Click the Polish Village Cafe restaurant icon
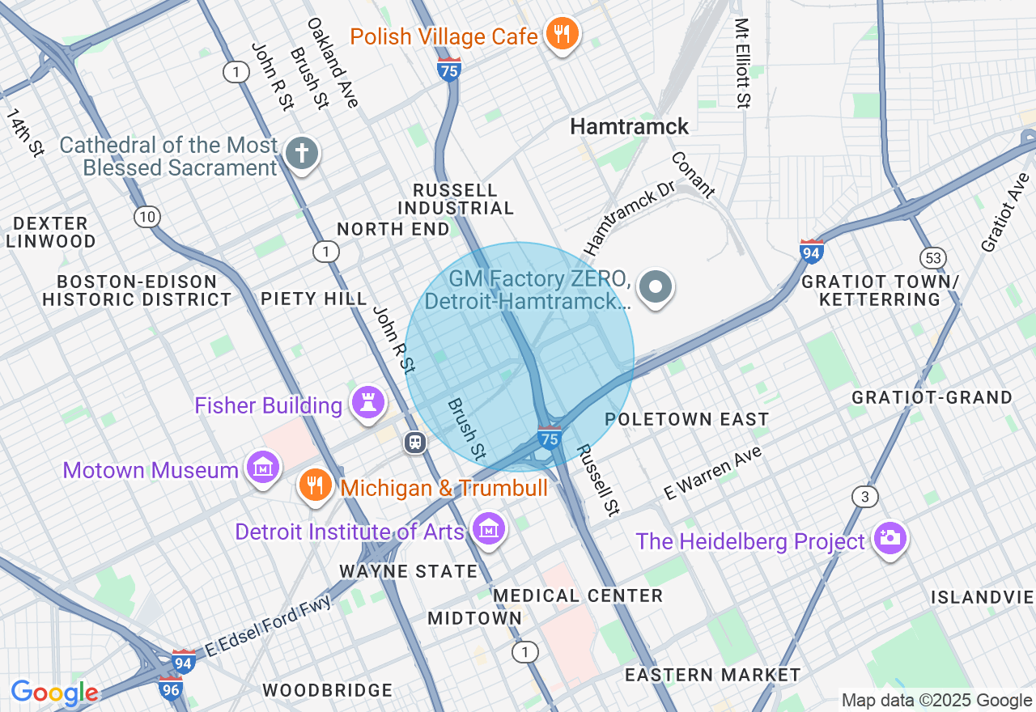[560, 35]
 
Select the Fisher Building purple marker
[367, 404]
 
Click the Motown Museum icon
[264, 468]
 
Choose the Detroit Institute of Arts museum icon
[488, 530]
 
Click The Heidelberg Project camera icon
[890, 540]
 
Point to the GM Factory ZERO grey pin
[655, 287]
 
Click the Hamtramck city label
[629, 126]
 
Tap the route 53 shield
[932, 258]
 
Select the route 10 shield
[147, 217]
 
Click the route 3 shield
[865, 496]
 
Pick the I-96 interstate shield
[171, 689]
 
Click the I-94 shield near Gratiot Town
[811, 251]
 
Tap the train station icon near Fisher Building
[415, 443]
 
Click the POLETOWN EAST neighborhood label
[686, 419]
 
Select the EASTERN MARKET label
[712, 675]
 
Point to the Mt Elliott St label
[741, 63]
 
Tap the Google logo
[54, 693]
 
